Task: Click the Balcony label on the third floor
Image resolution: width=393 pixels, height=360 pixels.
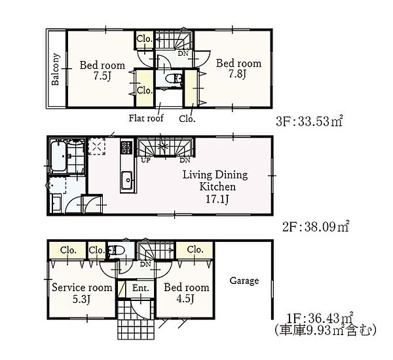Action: pos(56,70)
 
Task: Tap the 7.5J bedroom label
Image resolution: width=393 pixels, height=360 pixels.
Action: pos(102,71)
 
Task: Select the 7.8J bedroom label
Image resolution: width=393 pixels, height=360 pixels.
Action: pos(238,68)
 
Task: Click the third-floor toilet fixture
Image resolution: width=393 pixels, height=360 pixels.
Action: pos(173,78)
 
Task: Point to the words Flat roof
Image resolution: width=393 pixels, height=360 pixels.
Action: pos(146,118)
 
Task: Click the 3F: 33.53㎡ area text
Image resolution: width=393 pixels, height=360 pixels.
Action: pos(309,121)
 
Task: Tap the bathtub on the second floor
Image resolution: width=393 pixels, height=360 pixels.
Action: pos(58,156)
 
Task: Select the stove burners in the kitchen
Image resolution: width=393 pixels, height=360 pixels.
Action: pos(126,148)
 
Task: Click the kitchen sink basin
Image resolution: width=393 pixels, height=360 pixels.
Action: pos(126,180)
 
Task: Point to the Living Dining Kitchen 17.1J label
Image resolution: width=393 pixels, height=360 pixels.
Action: pos(215,187)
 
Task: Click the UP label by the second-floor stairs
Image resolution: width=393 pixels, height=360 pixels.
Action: pos(145,160)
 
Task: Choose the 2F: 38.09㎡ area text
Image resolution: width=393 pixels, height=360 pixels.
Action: pos(316,227)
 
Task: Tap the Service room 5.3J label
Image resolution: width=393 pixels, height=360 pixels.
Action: pos(82,293)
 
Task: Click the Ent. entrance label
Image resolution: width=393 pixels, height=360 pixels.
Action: pos(140,288)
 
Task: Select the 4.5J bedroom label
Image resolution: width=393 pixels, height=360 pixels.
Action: pos(187,293)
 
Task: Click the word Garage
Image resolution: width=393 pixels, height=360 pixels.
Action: pos(244,281)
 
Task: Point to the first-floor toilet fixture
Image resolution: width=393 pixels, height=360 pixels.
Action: pos(117,250)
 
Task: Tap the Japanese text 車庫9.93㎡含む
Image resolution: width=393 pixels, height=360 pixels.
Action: pos(325,330)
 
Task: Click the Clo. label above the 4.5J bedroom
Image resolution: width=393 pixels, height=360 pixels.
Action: pos(195,249)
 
